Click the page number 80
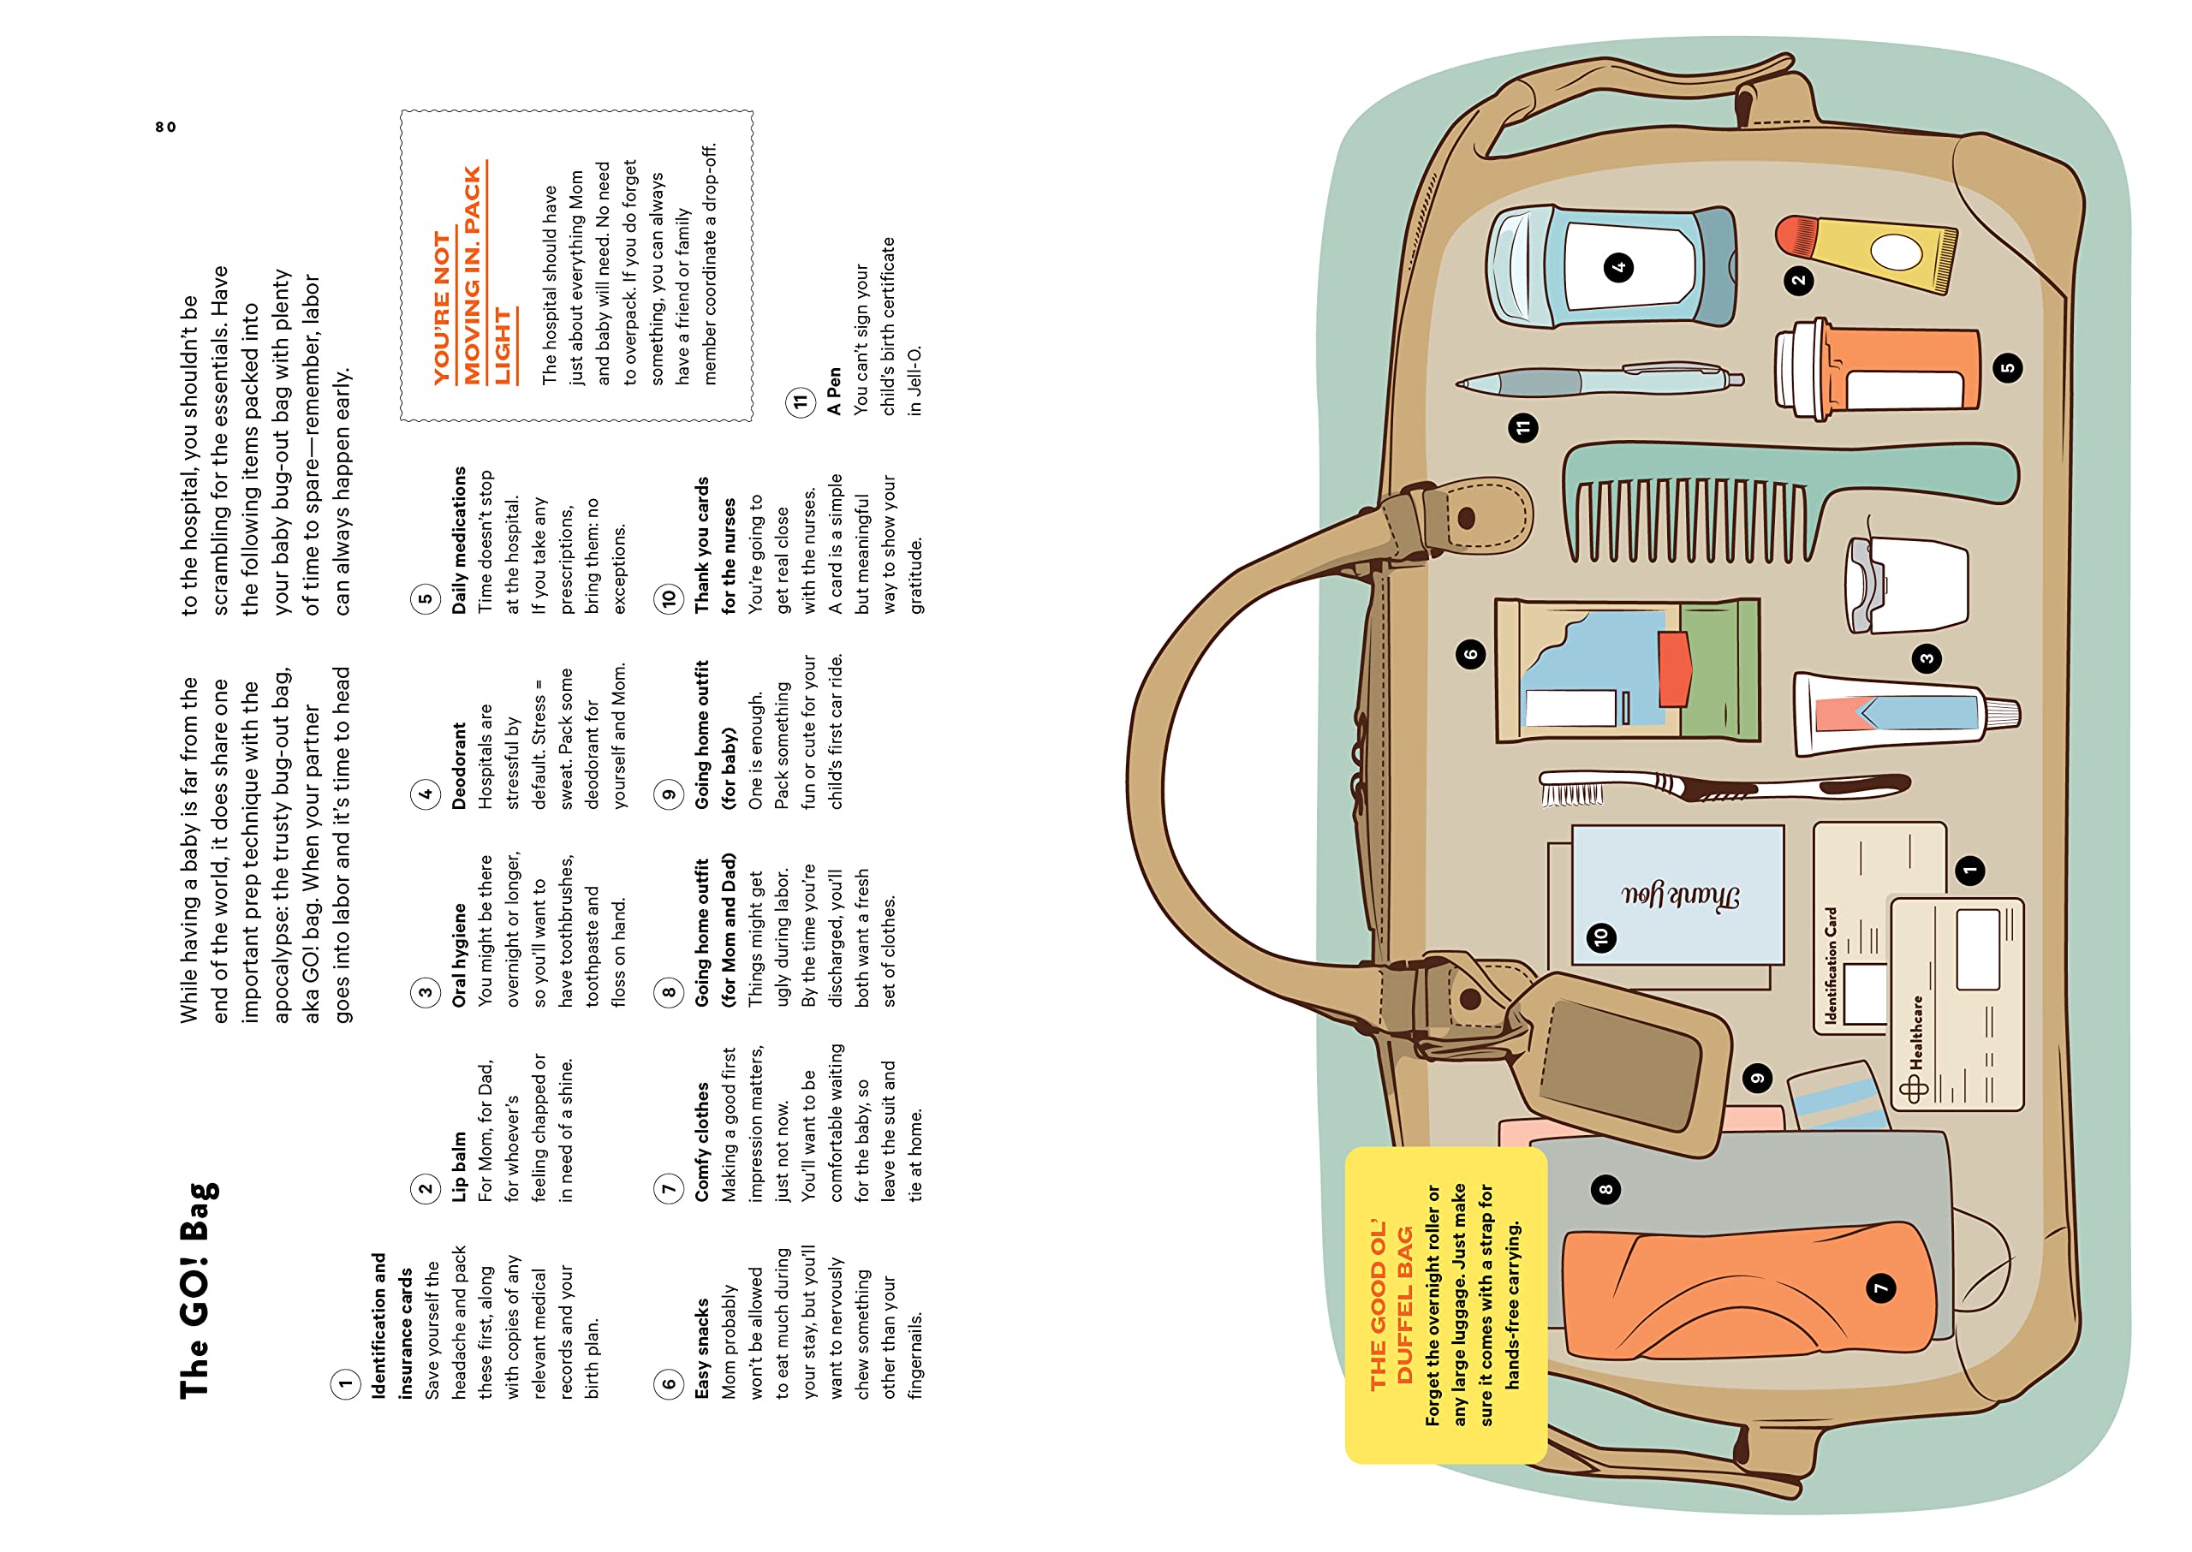pyautogui.click(x=165, y=127)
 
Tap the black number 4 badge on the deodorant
pyautogui.click(x=1618, y=266)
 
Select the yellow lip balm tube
pyautogui.click(x=1873, y=252)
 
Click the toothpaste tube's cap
pyautogui.click(x=2002, y=713)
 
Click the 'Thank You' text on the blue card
pyautogui.click(x=1680, y=896)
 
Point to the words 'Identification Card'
pyautogui.click(x=1831, y=966)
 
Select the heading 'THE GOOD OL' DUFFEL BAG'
pyautogui.click(x=1391, y=1305)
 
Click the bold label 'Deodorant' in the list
pyautogui.click(x=460, y=765)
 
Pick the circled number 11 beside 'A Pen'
pyautogui.click(x=799, y=401)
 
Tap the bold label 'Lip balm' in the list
pyautogui.click(x=460, y=1166)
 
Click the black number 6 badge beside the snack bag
pyautogui.click(x=1470, y=655)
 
